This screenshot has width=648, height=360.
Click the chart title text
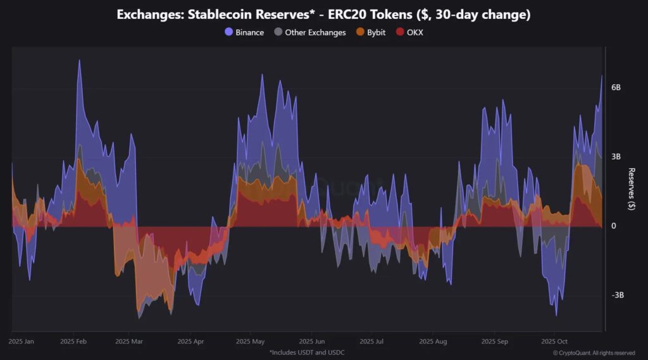(x=323, y=15)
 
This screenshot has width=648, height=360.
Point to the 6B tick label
(x=616, y=87)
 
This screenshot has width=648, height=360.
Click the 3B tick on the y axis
(x=616, y=156)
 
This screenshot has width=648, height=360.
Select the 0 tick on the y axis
(x=613, y=226)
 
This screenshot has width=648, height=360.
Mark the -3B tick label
(x=617, y=295)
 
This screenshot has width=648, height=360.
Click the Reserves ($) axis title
(x=632, y=189)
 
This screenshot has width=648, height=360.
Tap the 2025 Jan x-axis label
(x=22, y=342)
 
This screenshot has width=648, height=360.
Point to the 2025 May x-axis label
(x=250, y=342)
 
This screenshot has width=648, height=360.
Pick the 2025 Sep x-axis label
(x=494, y=342)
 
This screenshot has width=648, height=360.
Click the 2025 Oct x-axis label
(x=554, y=342)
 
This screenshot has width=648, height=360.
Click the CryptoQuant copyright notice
(x=594, y=352)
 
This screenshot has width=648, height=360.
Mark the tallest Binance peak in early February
(x=79, y=61)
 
